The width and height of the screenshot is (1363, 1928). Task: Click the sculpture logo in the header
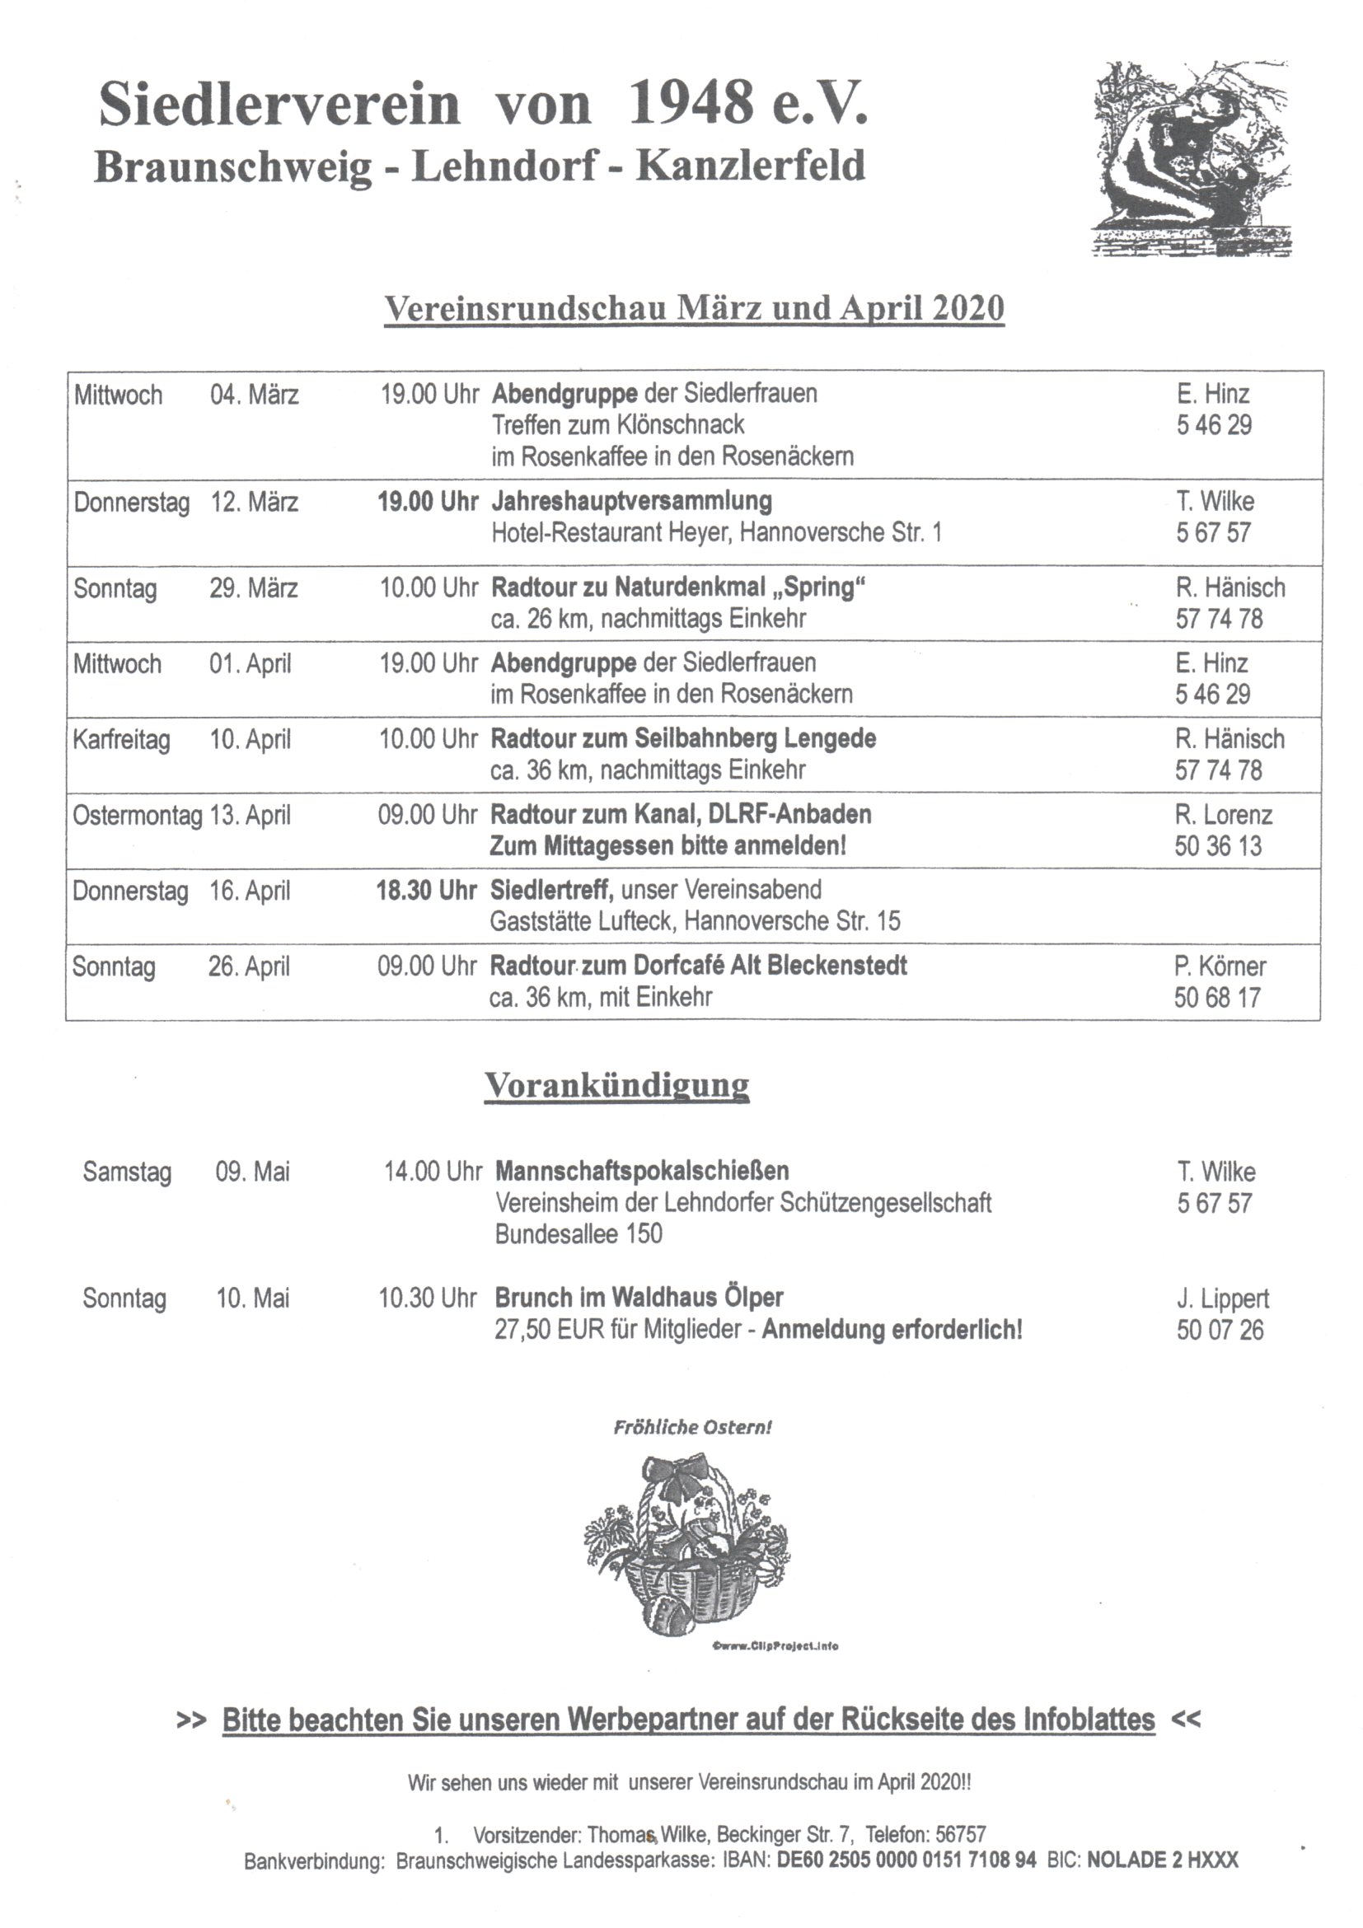pos(1192,160)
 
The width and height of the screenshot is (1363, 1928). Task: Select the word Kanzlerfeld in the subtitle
pos(750,166)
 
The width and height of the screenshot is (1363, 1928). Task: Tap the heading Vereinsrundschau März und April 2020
pos(694,308)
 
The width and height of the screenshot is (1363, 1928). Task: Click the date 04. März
pos(254,395)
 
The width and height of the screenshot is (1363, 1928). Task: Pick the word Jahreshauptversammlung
pos(631,501)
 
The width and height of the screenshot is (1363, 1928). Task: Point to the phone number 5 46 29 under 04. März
pos(1214,426)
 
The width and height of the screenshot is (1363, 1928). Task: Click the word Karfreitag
pos(121,740)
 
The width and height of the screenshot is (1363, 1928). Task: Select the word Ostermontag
pos(138,816)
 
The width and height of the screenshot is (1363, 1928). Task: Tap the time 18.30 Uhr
pos(427,891)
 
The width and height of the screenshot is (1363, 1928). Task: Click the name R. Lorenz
pos(1223,815)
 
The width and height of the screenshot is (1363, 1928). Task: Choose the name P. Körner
pos(1220,966)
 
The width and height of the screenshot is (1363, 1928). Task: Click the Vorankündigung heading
pos(616,1085)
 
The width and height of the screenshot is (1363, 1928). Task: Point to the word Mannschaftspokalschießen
pos(642,1171)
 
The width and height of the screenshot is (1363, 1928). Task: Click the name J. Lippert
pos(1222,1299)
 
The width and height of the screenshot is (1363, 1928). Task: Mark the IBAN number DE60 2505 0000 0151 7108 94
pos(906,1860)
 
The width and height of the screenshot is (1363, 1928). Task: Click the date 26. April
pos(249,966)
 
